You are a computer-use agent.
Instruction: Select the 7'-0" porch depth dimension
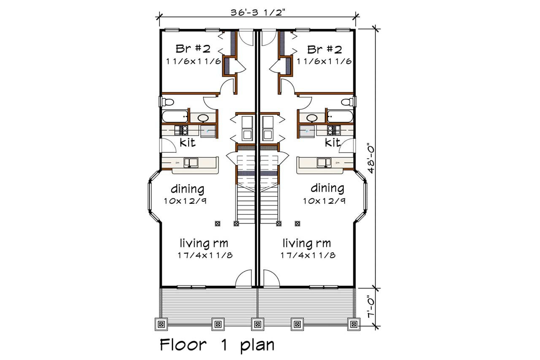(371, 307)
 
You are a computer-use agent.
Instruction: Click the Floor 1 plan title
(217, 345)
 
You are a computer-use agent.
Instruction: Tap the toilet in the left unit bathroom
(168, 102)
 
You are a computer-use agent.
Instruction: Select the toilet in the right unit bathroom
(347, 102)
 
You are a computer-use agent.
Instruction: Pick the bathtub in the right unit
(339, 116)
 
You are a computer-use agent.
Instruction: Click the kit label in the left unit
(187, 143)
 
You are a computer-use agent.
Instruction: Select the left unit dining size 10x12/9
(185, 201)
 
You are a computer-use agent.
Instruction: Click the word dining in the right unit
(327, 188)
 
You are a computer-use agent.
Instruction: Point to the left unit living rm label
(204, 244)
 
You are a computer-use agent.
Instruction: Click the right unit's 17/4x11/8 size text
(308, 255)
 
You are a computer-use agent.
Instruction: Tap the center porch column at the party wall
(257, 324)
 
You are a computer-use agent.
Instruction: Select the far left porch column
(161, 324)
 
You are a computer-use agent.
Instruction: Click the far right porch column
(353, 324)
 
